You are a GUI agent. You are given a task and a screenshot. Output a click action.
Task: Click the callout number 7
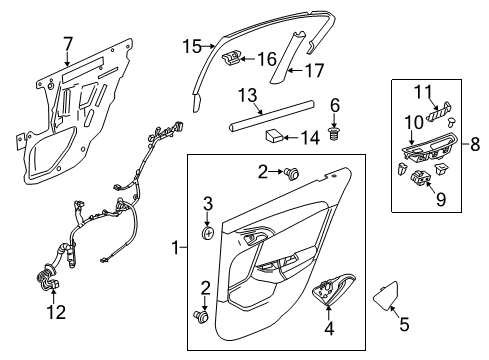tap(67, 45)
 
